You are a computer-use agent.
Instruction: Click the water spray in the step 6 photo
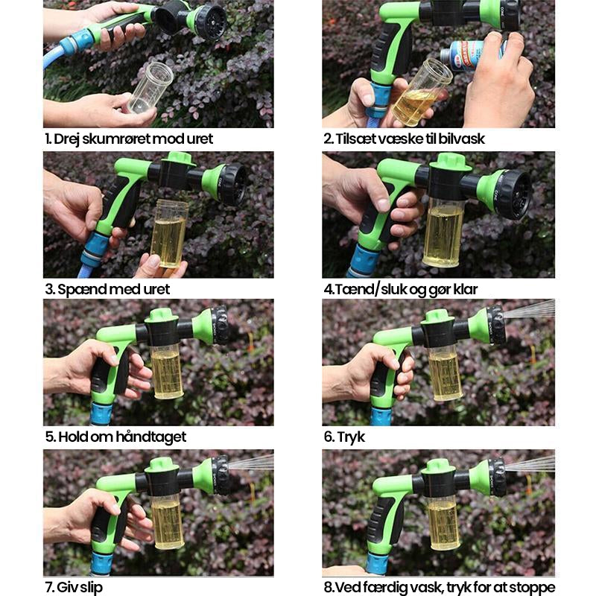(529, 310)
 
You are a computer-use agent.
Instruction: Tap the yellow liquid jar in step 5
(166, 370)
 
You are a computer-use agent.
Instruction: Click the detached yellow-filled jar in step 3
(169, 232)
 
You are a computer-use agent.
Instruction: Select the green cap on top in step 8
(440, 466)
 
